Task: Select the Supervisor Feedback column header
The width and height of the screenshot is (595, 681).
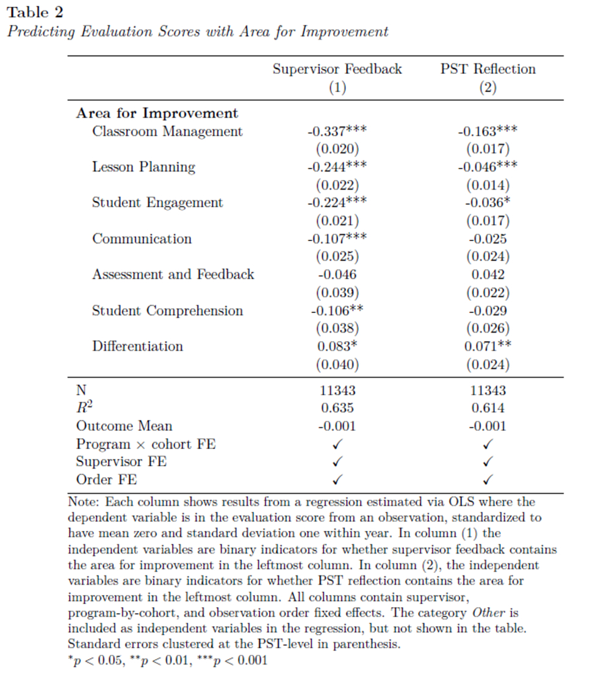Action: [x=337, y=69]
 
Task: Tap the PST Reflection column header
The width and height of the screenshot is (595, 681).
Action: [x=488, y=69]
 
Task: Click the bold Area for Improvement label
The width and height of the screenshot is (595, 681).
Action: [x=157, y=113]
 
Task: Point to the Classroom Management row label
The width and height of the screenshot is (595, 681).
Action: [x=167, y=132]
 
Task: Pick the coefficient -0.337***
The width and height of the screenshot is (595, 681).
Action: [x=337, y=132]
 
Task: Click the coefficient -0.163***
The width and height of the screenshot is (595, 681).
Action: [x=488, y=132]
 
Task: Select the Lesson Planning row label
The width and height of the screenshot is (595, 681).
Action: [x=143, y=167]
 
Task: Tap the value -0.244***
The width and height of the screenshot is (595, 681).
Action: [x=337, y=167]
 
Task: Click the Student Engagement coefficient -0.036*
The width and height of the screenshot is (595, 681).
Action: [x=488, y=203]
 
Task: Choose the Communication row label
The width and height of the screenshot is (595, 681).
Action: [x=142, y=239]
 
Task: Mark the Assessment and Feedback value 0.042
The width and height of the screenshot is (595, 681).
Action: [x=488, y=275]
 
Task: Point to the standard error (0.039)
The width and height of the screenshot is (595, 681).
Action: [x=337, y=293]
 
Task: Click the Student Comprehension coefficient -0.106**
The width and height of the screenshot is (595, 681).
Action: [x=337, y=311]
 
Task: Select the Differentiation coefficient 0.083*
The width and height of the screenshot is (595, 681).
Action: [x=337, y=347]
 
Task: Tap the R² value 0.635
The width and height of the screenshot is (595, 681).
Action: [x=337, y=408]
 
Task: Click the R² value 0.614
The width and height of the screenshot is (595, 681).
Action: [x=488, y=408]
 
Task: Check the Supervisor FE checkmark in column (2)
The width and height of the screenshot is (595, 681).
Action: [x=488, y=462]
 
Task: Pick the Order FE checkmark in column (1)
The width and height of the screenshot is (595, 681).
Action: [x=337, y=480]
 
